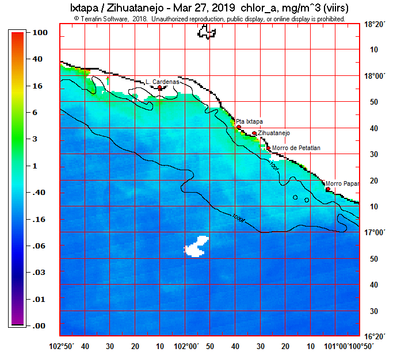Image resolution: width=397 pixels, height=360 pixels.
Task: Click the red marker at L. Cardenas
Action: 160,88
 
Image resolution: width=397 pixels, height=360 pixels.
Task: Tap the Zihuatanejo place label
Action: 274,133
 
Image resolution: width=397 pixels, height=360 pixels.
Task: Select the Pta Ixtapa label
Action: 250,121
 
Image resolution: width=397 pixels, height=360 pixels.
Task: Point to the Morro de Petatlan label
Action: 296,148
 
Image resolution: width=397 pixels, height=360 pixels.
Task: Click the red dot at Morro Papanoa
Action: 328,189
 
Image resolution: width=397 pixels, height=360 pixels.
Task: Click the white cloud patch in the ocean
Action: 196,246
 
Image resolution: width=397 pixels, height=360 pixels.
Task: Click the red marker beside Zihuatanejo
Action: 254,133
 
